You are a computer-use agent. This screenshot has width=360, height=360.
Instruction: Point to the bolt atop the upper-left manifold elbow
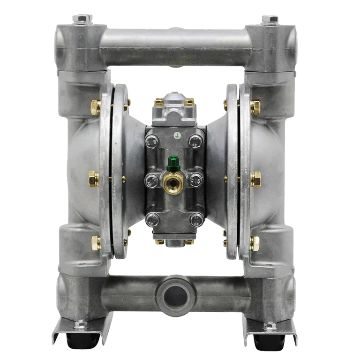(82, 19)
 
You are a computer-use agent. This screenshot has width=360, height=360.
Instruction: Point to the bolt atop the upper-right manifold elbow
(271, 19)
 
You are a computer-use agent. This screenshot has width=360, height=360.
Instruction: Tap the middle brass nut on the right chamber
(255, 179)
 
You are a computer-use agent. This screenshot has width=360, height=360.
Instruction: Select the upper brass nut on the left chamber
(96, 107)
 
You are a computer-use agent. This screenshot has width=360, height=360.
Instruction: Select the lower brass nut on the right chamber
(254, 242)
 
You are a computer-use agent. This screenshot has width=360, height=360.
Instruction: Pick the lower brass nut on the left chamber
(96, 242)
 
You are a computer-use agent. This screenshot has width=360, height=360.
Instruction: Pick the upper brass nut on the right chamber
(255, 107)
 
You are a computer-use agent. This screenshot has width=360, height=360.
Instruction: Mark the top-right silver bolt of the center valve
(195, 141)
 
